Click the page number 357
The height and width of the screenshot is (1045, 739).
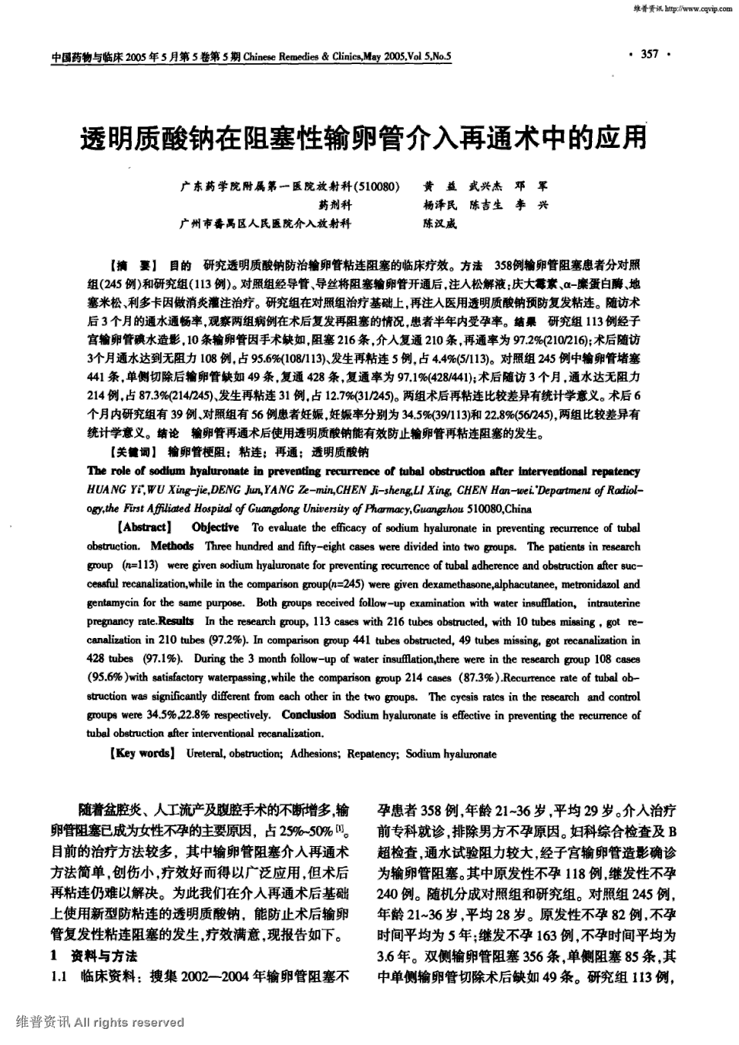click(649, 54)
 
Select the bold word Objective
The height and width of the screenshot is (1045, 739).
click(216, 527)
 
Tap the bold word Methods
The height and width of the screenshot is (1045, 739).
click(172, 547)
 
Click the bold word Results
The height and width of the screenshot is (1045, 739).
click(177, 621)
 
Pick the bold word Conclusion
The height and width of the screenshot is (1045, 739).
click(309, 715)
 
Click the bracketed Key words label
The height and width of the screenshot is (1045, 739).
click(142, 753)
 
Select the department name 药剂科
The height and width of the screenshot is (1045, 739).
click(334, 205)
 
